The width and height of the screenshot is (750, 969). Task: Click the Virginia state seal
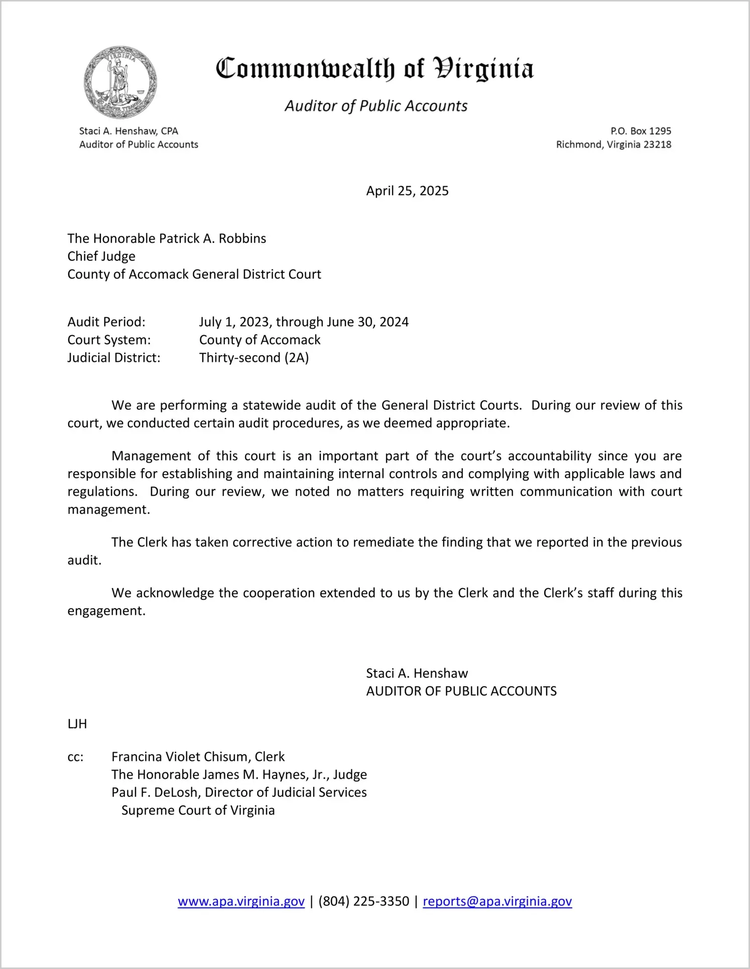point(120,82)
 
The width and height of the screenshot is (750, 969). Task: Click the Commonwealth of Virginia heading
point(374,69)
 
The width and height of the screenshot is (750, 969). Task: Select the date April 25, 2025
point(407,191)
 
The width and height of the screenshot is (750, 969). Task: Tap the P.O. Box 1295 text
point(641,131)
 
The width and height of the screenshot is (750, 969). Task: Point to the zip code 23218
point(657,145)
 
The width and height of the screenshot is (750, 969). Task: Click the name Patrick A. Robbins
point(212,238)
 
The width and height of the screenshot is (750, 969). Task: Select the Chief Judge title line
point(101,256)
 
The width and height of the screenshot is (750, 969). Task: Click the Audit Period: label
point(106,322)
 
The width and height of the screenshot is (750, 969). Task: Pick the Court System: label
point(109,340)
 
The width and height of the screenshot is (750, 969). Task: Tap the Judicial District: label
point(114,358)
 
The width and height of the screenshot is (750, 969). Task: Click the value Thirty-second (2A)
point(254,358)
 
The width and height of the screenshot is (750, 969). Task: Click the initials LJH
point(77,724)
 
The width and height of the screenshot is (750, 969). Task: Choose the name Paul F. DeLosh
point(154,792)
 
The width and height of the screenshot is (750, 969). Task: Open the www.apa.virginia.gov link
point(241,901)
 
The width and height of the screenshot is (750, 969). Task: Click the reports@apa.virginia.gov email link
point(497,901)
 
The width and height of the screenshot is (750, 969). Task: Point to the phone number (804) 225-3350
point(363,901)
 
